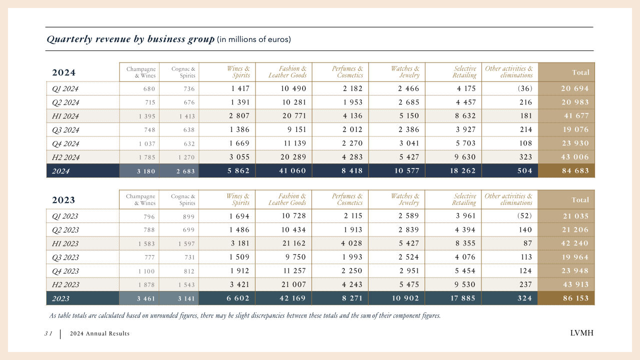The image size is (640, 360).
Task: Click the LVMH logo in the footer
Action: coord(581,333)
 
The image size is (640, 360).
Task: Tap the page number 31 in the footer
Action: coord(48,333)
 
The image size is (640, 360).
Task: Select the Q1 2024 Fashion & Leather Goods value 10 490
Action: coord(293,88)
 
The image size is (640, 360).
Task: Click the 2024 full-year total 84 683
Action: coord(575,171)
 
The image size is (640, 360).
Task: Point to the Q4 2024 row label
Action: coord(65,143)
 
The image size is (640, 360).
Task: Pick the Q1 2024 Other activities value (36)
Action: coord(525,88)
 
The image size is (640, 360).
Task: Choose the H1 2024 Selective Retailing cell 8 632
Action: coord(465,116)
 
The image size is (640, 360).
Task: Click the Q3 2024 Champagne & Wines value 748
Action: coord(149,130)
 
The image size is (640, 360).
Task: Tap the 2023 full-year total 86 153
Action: coord(576,298)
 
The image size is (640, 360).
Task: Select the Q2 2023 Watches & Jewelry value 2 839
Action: coord(409,230)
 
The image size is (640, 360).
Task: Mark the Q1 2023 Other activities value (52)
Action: coord(524,216)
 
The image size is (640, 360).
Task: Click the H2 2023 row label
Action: coord(65,284)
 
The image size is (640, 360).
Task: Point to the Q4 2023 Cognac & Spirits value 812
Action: coord(189,271)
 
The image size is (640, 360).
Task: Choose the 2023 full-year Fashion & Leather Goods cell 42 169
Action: coord(292,298)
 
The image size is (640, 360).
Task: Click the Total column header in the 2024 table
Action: coord(580,72)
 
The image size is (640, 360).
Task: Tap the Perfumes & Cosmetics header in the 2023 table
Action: coord(347,199)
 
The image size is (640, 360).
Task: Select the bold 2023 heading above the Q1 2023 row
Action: coord(63,200)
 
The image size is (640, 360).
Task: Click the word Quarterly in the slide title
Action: coord(69,39)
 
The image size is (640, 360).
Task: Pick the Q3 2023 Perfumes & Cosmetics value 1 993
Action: coord(352,257)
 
